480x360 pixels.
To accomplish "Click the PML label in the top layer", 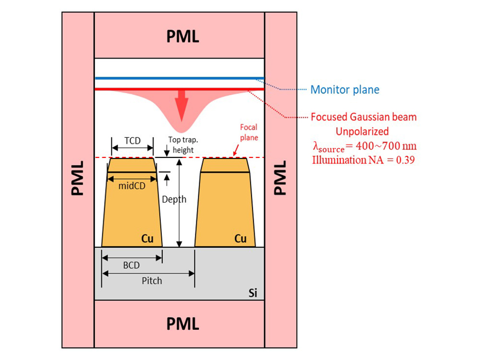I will click(182, 36).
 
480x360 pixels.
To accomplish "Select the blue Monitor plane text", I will click(345, 89).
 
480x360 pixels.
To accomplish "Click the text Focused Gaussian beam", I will click(364, 117).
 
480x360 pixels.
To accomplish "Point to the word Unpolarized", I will click(363, 131).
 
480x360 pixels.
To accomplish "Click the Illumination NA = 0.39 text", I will click(363, 160).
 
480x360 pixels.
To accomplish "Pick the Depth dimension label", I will click(174, 199).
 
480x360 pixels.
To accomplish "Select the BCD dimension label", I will click(132, 264).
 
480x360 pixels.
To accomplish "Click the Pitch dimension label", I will click(152, 280).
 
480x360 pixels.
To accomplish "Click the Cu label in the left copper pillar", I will click(147, 239).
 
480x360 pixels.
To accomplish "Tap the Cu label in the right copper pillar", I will click(240, 239).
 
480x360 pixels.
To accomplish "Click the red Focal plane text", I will click(248, 132).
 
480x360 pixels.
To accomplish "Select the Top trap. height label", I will click(180, 145).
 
